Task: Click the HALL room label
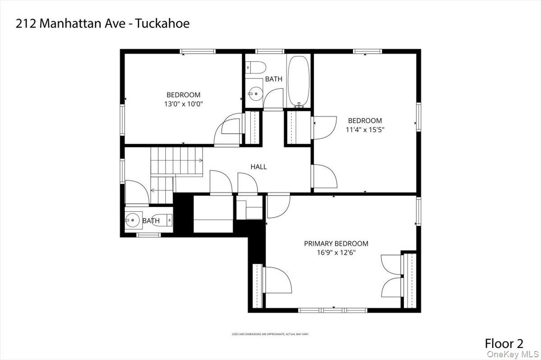coord(258,167)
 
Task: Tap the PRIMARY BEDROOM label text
coord(336,244)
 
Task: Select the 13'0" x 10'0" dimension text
coord(183,104)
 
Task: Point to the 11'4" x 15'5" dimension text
coord(365,129)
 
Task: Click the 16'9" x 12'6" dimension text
coord(336,253)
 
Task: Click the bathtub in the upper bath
coord(298,81)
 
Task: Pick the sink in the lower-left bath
coord(133,221)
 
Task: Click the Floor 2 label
coord(504,344)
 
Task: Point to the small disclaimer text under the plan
coord(270,334)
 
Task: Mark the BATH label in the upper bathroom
coord(274,79)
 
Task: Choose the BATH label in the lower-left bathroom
coord(151,221)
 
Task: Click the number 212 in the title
coord(26,24)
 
